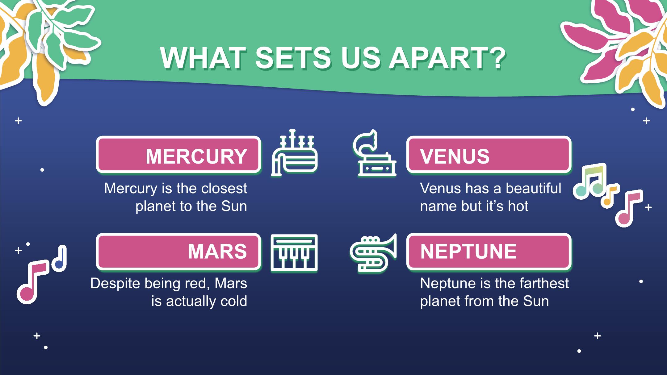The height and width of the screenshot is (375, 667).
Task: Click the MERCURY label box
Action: pyautogui.click(x=178, y=155)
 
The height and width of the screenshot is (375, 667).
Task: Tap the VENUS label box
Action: pyautogui.click(x=489, y=155)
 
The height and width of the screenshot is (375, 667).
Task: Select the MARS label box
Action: pyautogui.click(x=178, y=252)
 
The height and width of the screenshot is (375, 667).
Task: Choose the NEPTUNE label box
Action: pyautogui.click(x=489, y=252)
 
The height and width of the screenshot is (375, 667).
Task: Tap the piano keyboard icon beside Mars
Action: pyautogui.click(x=294, y=253)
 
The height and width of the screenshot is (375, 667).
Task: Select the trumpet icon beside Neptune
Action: pyautogui.click(x=373, y=253)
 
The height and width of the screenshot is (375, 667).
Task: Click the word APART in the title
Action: pyautogui.click(x=437, y=58)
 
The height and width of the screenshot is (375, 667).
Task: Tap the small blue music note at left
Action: pyautogui.click(x=59, y=259)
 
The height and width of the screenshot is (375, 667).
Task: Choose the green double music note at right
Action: pyautogui.click(x=590, y=181)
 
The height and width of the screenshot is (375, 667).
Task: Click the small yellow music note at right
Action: pyautogui.click(x=610, y=197)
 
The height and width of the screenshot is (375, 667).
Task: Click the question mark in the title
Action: pyautogui.click(x=497, y=58)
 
